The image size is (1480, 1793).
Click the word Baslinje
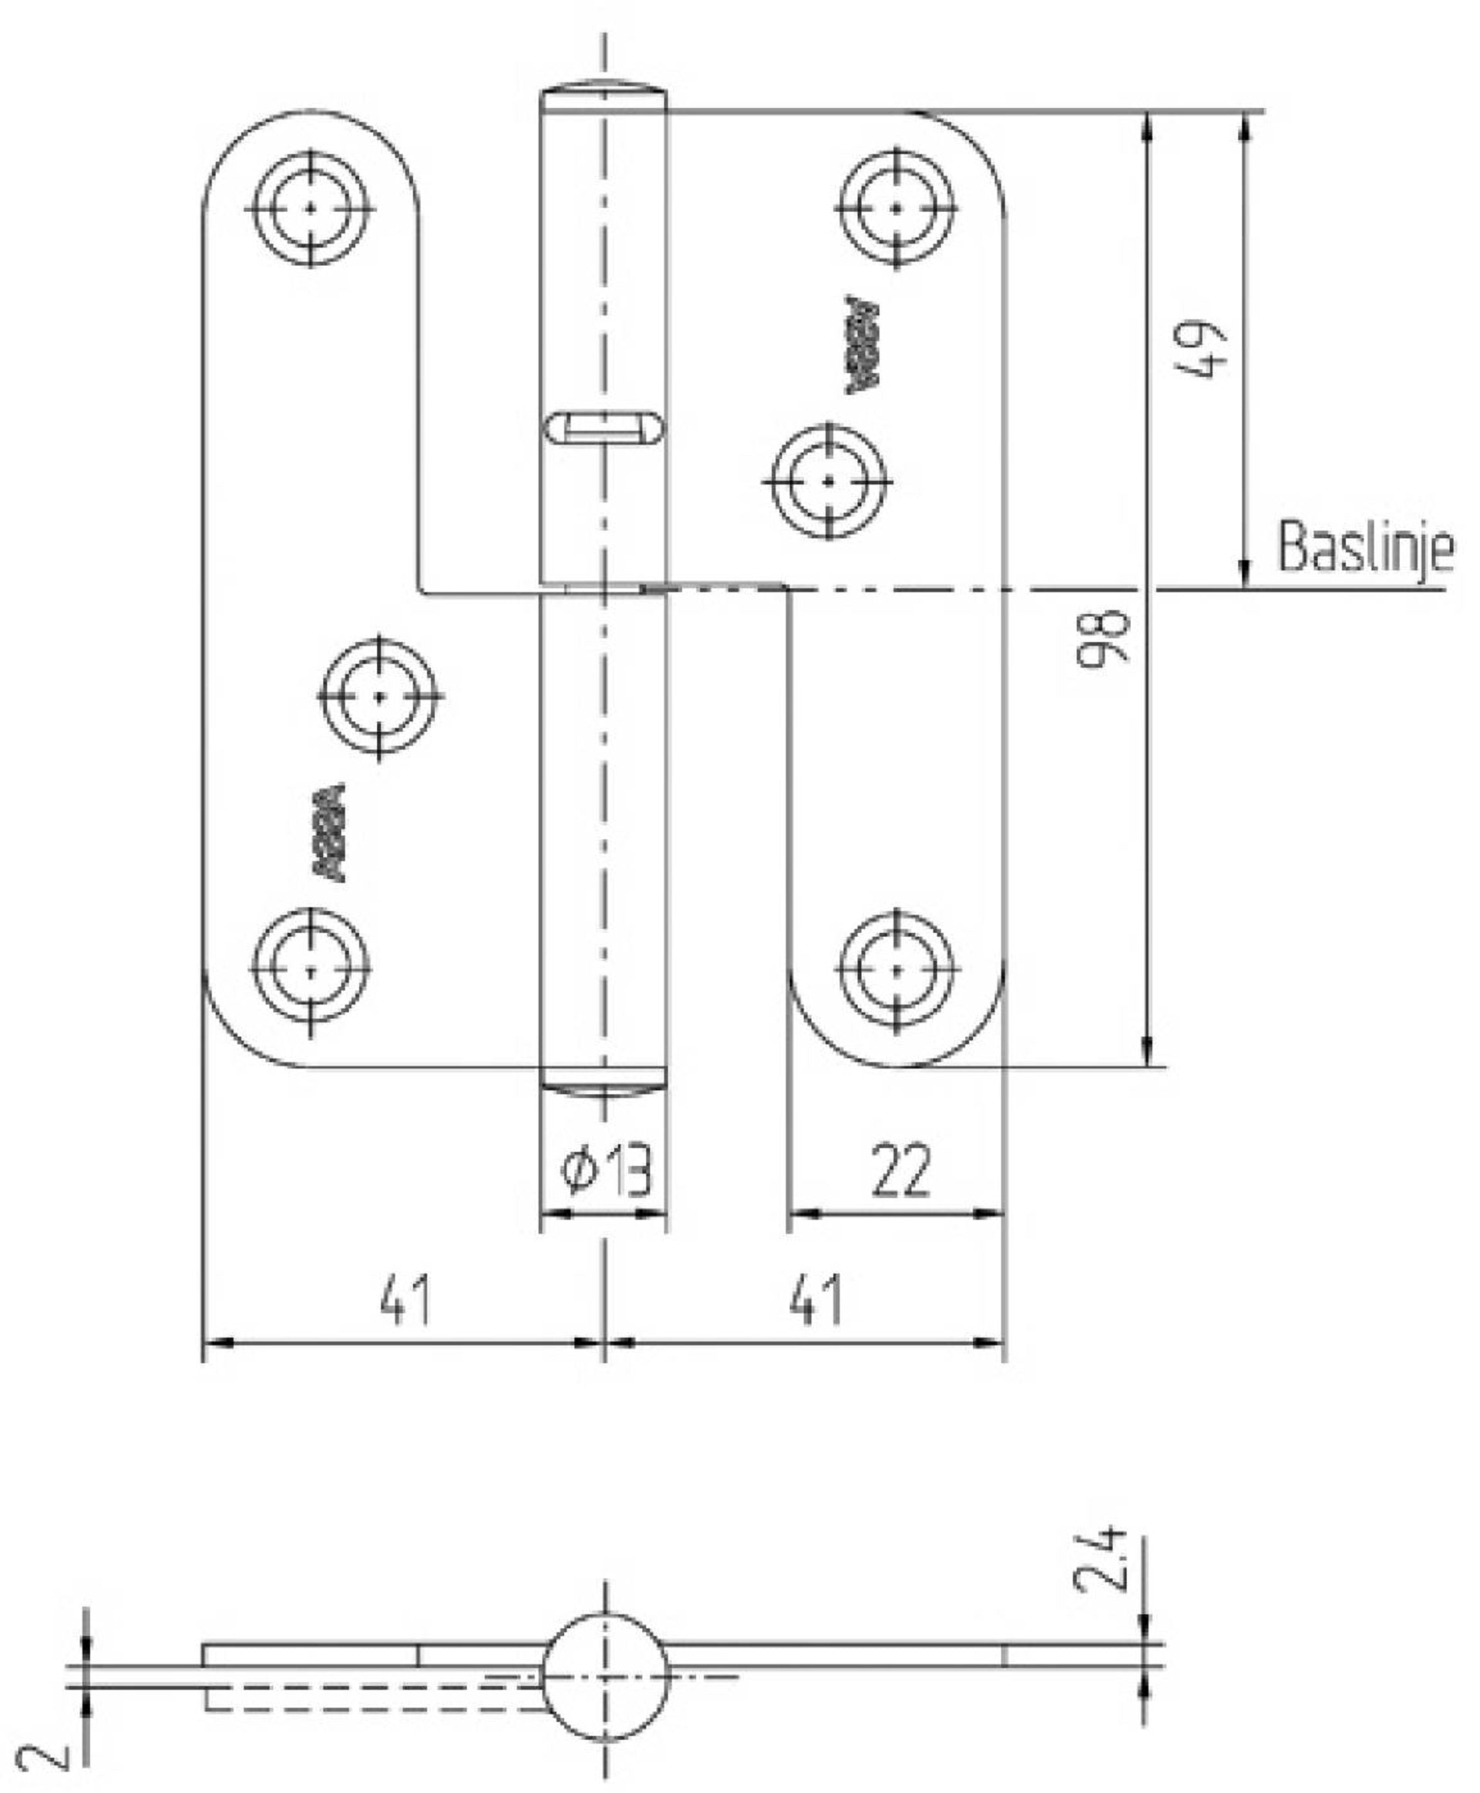[x=1365, y=547]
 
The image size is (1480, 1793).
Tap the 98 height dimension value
[x=1105, y=636]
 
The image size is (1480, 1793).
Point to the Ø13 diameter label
[x=606, y=1171]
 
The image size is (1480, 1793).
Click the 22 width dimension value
[x=900, y=1171]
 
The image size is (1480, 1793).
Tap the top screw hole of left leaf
[x=311, y=208]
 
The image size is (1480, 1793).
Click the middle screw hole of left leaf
[x=379, y=697]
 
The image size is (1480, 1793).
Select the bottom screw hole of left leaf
[x=311, y=970]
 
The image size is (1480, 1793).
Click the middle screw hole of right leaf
[x=829, y=482]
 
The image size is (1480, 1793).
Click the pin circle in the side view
[x=605, y=1677]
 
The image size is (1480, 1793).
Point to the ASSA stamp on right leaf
[x=862, y=345]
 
